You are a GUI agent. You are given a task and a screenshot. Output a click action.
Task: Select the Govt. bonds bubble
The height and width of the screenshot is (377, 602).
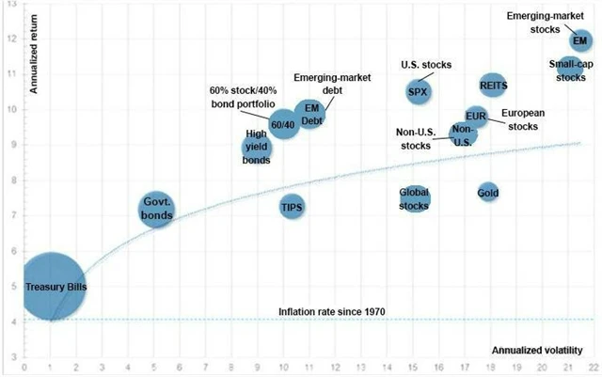tap(156, 209)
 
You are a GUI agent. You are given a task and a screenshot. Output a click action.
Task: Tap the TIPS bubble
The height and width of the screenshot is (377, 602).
tap(292, 207)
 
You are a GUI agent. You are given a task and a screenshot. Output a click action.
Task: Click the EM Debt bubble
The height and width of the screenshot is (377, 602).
tap(311, 116)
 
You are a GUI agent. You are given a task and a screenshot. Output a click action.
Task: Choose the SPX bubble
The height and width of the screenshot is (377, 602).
tap(420, 91)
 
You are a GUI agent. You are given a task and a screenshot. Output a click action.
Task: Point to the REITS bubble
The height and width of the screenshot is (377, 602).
tap(494, 86)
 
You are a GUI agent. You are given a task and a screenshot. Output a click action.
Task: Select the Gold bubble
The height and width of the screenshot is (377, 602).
tap(487, 193)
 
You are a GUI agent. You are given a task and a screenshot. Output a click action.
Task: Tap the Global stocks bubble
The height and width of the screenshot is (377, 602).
tap(415, 198)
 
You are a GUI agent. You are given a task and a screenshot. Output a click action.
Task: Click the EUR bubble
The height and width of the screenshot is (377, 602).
tap(476, 117)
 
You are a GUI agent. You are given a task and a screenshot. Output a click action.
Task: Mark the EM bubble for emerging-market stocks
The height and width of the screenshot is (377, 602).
tap(580, 40)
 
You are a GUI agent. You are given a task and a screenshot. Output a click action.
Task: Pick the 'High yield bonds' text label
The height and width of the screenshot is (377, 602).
tap(256, 148)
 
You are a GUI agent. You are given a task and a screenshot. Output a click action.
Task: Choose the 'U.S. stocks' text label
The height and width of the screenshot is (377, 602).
tap(427, 65)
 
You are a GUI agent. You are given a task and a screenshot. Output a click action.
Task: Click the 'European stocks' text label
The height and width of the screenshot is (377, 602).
tap(523, 118)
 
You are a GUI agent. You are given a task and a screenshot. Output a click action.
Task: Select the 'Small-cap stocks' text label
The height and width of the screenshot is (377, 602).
tap(569, 71)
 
